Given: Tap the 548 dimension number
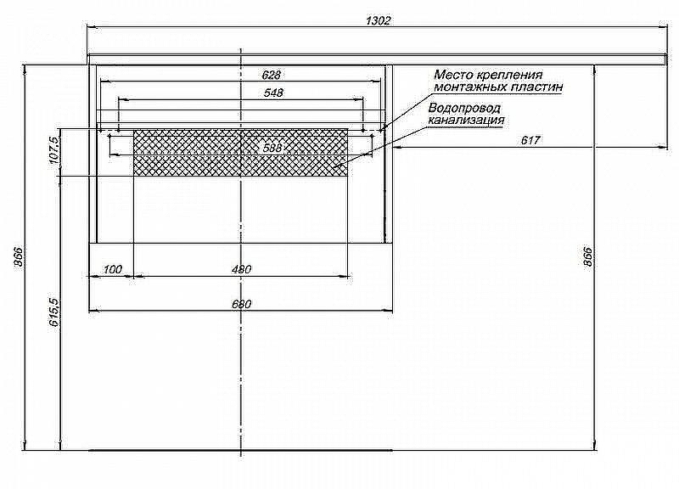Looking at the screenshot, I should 273,93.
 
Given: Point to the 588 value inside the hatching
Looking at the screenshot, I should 272,148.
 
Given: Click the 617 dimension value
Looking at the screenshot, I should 530,140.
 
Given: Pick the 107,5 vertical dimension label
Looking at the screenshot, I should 53,150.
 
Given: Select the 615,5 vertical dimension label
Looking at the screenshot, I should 53,312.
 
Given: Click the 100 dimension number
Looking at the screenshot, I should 112,270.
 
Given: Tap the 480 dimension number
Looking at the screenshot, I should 242,270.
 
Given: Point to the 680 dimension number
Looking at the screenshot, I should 242,304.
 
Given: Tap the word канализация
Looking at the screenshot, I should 467,121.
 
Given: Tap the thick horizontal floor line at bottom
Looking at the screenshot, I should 240,450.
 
